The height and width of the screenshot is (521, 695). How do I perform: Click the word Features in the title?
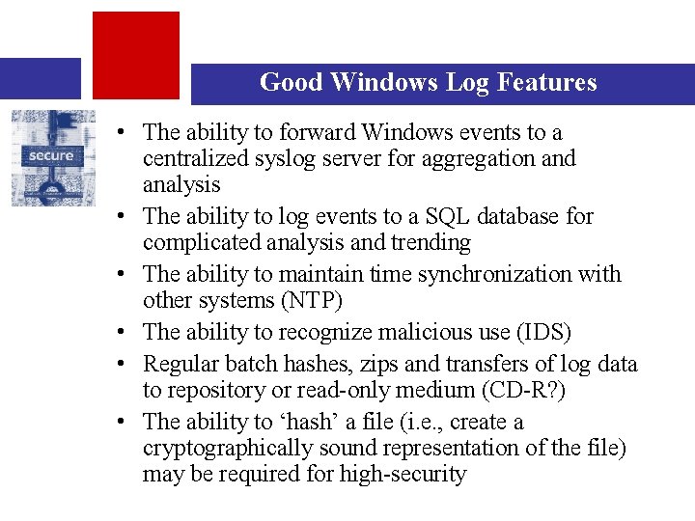(x=546, y=83)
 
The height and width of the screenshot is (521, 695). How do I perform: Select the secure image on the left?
(x=54, y=157)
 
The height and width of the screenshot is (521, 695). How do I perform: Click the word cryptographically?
(x=222, y=448)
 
